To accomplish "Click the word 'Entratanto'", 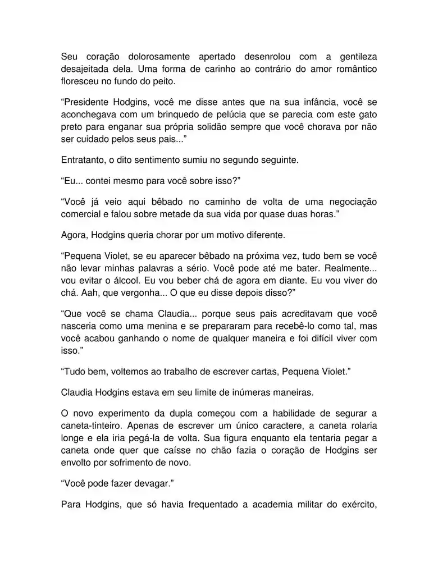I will pyautogui.click(x=85, y=159).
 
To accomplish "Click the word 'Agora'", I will pyautogui.click(x=74, y=234).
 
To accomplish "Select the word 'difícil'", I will pyautogui.click(x=312, y=338).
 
